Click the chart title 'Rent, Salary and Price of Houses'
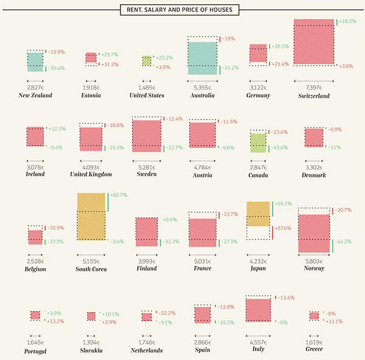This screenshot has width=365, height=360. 180,9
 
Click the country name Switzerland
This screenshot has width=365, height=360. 314,96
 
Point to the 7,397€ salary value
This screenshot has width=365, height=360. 314,88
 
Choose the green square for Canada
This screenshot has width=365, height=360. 259,143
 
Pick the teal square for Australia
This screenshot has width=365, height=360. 203,58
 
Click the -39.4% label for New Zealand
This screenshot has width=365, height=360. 57,68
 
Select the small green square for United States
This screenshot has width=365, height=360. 147,60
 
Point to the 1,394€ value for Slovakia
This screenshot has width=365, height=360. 91,343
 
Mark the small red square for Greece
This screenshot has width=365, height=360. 314,316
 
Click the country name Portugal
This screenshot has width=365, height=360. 35,350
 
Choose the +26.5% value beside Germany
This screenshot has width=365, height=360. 281,46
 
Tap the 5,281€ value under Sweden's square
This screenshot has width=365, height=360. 147,167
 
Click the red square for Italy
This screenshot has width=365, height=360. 258,310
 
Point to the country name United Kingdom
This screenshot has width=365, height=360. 91,174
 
